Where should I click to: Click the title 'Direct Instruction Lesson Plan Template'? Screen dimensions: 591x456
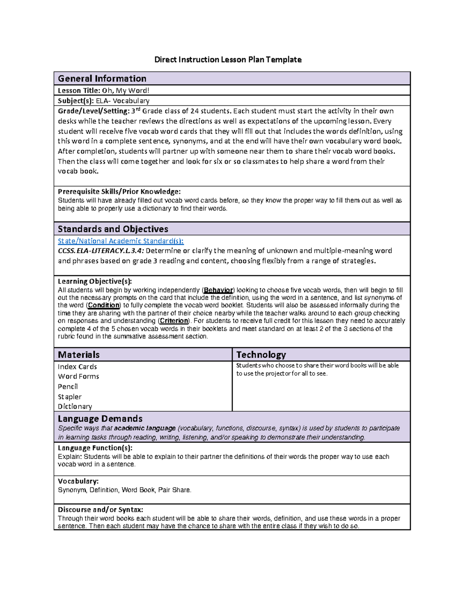228,60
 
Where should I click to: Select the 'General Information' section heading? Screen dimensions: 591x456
102,79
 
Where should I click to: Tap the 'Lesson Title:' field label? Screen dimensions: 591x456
79,91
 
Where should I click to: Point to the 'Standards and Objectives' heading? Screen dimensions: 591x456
113,229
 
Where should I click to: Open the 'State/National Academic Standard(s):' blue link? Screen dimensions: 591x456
120,241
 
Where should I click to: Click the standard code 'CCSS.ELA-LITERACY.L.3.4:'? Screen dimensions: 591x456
101,251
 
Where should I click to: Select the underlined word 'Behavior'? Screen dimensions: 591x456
218,290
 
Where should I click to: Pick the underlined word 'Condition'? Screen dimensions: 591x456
103,305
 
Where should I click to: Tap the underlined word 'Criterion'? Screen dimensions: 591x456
174,321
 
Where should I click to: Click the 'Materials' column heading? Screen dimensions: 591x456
79,355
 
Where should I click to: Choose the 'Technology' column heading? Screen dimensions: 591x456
261,355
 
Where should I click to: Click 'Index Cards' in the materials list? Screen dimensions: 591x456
77,367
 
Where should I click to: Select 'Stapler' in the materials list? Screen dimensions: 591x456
70,397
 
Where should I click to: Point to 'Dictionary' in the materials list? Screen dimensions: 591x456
75,406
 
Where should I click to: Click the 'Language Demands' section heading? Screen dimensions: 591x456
100,419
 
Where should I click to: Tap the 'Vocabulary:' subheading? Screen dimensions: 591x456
78,481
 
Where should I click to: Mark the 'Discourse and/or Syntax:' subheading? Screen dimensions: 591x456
100,510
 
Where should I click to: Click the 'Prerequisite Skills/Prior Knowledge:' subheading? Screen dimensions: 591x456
119,191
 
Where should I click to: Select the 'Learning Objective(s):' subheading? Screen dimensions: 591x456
95,281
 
